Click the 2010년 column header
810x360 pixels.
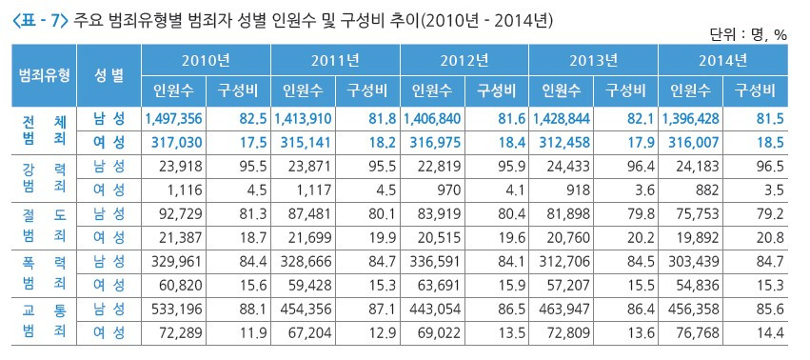pos(206,61)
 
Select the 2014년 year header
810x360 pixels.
pos(722,61)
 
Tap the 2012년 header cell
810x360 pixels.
pos(464,61)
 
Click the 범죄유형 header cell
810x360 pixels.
pos(44,75)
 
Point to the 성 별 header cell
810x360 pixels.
pos(109,75)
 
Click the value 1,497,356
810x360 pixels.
pos(173,118)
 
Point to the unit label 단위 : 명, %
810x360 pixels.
pos(747,34)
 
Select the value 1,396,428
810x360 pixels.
pos(691,118)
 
